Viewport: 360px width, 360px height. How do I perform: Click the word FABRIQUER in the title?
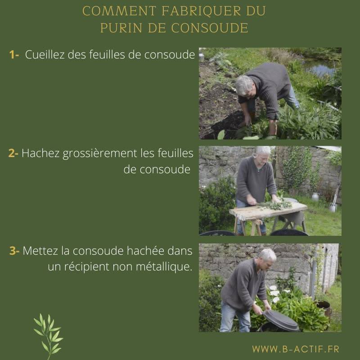(x=201, y=11)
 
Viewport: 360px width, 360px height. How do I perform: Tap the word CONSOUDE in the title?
(x=209, y=28)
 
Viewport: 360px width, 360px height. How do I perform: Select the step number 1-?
(x=14, y=54)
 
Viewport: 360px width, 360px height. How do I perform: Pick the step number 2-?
(x=13, y=153)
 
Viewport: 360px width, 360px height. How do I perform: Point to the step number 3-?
(x=14, y=251)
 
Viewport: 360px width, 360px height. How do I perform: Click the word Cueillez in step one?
(x=45, y=54)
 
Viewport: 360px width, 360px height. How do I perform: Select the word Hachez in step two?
(x=40, y=153)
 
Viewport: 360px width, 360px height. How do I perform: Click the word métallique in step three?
(x=164, y=267)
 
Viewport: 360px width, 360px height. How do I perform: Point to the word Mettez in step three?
(x=40, y=251)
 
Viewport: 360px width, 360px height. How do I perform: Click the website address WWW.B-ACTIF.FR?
(x=296, y=349)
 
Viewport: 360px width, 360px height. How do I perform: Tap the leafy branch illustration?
(x=49, y=335)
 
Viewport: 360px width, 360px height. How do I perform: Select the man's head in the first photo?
(x=245, y=85)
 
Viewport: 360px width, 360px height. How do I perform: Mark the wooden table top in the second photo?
(x=268, y=211)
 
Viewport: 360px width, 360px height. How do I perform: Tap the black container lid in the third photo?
(x=280, y=320)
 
